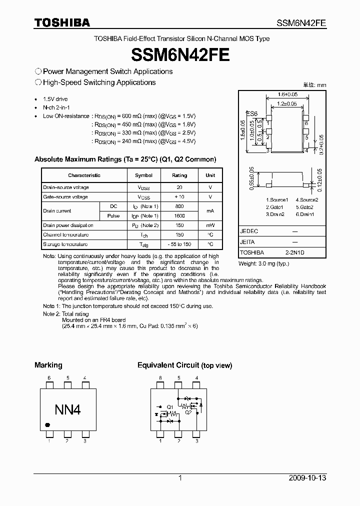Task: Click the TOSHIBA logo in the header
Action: coord(62,22)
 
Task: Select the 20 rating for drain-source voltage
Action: coord(179,187)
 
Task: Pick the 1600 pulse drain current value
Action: coord(179,215)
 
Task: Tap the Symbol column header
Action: coord(144,175)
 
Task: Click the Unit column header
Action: coord(210,175)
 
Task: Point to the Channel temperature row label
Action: coord(66,235)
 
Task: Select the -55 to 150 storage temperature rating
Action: coord(179,244)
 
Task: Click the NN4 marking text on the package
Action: coord(67,410)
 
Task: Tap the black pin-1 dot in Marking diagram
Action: coord(47,425)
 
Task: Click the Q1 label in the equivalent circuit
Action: coord(170,406)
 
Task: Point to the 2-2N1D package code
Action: coord(294,253)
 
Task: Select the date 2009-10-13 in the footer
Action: coord(307,478)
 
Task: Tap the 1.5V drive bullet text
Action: coord(55,99)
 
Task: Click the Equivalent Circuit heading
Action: coord(184,365)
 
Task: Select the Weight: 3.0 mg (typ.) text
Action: coord(263,263)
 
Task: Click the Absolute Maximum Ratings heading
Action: coord(125,159)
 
